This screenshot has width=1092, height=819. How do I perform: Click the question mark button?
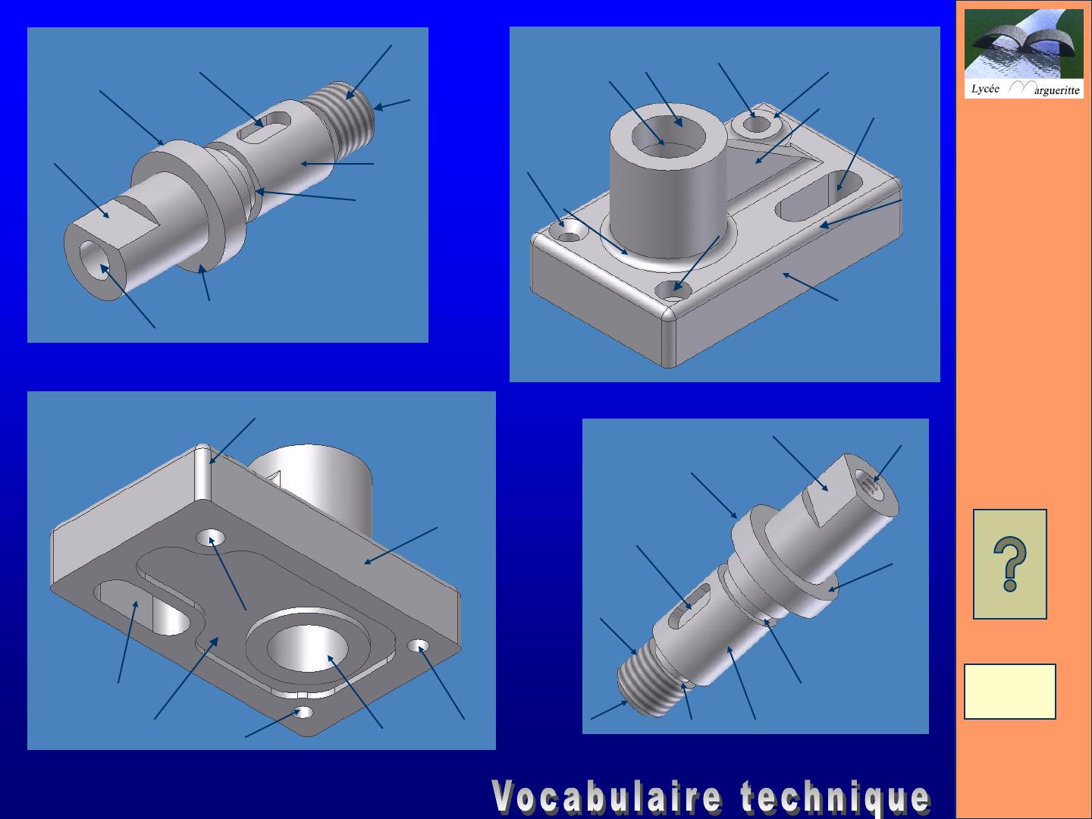[1010, 564]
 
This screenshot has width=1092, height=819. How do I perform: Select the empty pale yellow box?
[1010, 691]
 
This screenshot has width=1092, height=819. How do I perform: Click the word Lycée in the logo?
[985, 89]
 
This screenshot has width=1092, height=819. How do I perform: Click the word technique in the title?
[835, 797]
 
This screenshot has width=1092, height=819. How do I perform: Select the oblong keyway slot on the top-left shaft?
[264, 127]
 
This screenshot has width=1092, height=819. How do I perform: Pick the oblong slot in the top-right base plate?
[821, 196]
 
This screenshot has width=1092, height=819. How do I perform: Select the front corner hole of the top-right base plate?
[673, 290]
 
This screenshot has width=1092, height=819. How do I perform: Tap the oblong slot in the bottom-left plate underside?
[144, 607]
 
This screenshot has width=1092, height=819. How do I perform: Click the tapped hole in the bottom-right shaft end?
[871, 482]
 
